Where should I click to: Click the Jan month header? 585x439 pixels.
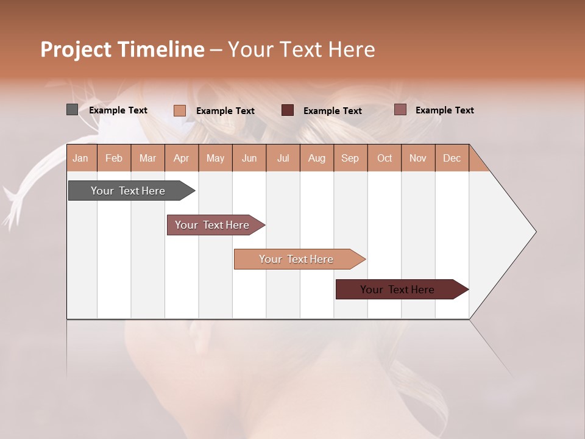point(81,158)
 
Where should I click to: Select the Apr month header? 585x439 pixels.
point(182,158)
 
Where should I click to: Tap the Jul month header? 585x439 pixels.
point(283,158)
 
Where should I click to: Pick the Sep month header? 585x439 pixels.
point(350,158)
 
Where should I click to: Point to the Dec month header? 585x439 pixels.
point(452,158)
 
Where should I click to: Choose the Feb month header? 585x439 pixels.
point(114,158)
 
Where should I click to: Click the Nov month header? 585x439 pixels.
point(418,158)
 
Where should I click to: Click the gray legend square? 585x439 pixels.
point(72,110)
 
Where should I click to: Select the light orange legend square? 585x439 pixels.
point(180,110)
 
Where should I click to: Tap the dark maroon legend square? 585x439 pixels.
point(288,110)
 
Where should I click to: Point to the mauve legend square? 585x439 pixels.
point(400,110)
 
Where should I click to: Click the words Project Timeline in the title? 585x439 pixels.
point(122,49)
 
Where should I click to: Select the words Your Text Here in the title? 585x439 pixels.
point(301,49)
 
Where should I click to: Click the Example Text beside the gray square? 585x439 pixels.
point(118,110)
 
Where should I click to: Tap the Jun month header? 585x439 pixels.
point(249,158)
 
